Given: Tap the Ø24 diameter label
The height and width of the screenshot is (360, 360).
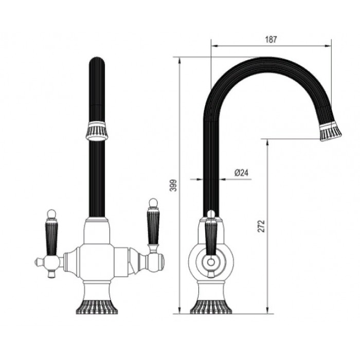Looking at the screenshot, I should tap(241, 173).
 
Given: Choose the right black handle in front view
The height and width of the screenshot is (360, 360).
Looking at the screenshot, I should tap(152, 226).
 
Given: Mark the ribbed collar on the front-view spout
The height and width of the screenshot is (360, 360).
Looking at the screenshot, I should tap(97, 132).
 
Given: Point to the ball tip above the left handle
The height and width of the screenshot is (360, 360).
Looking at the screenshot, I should tap(51, 212).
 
